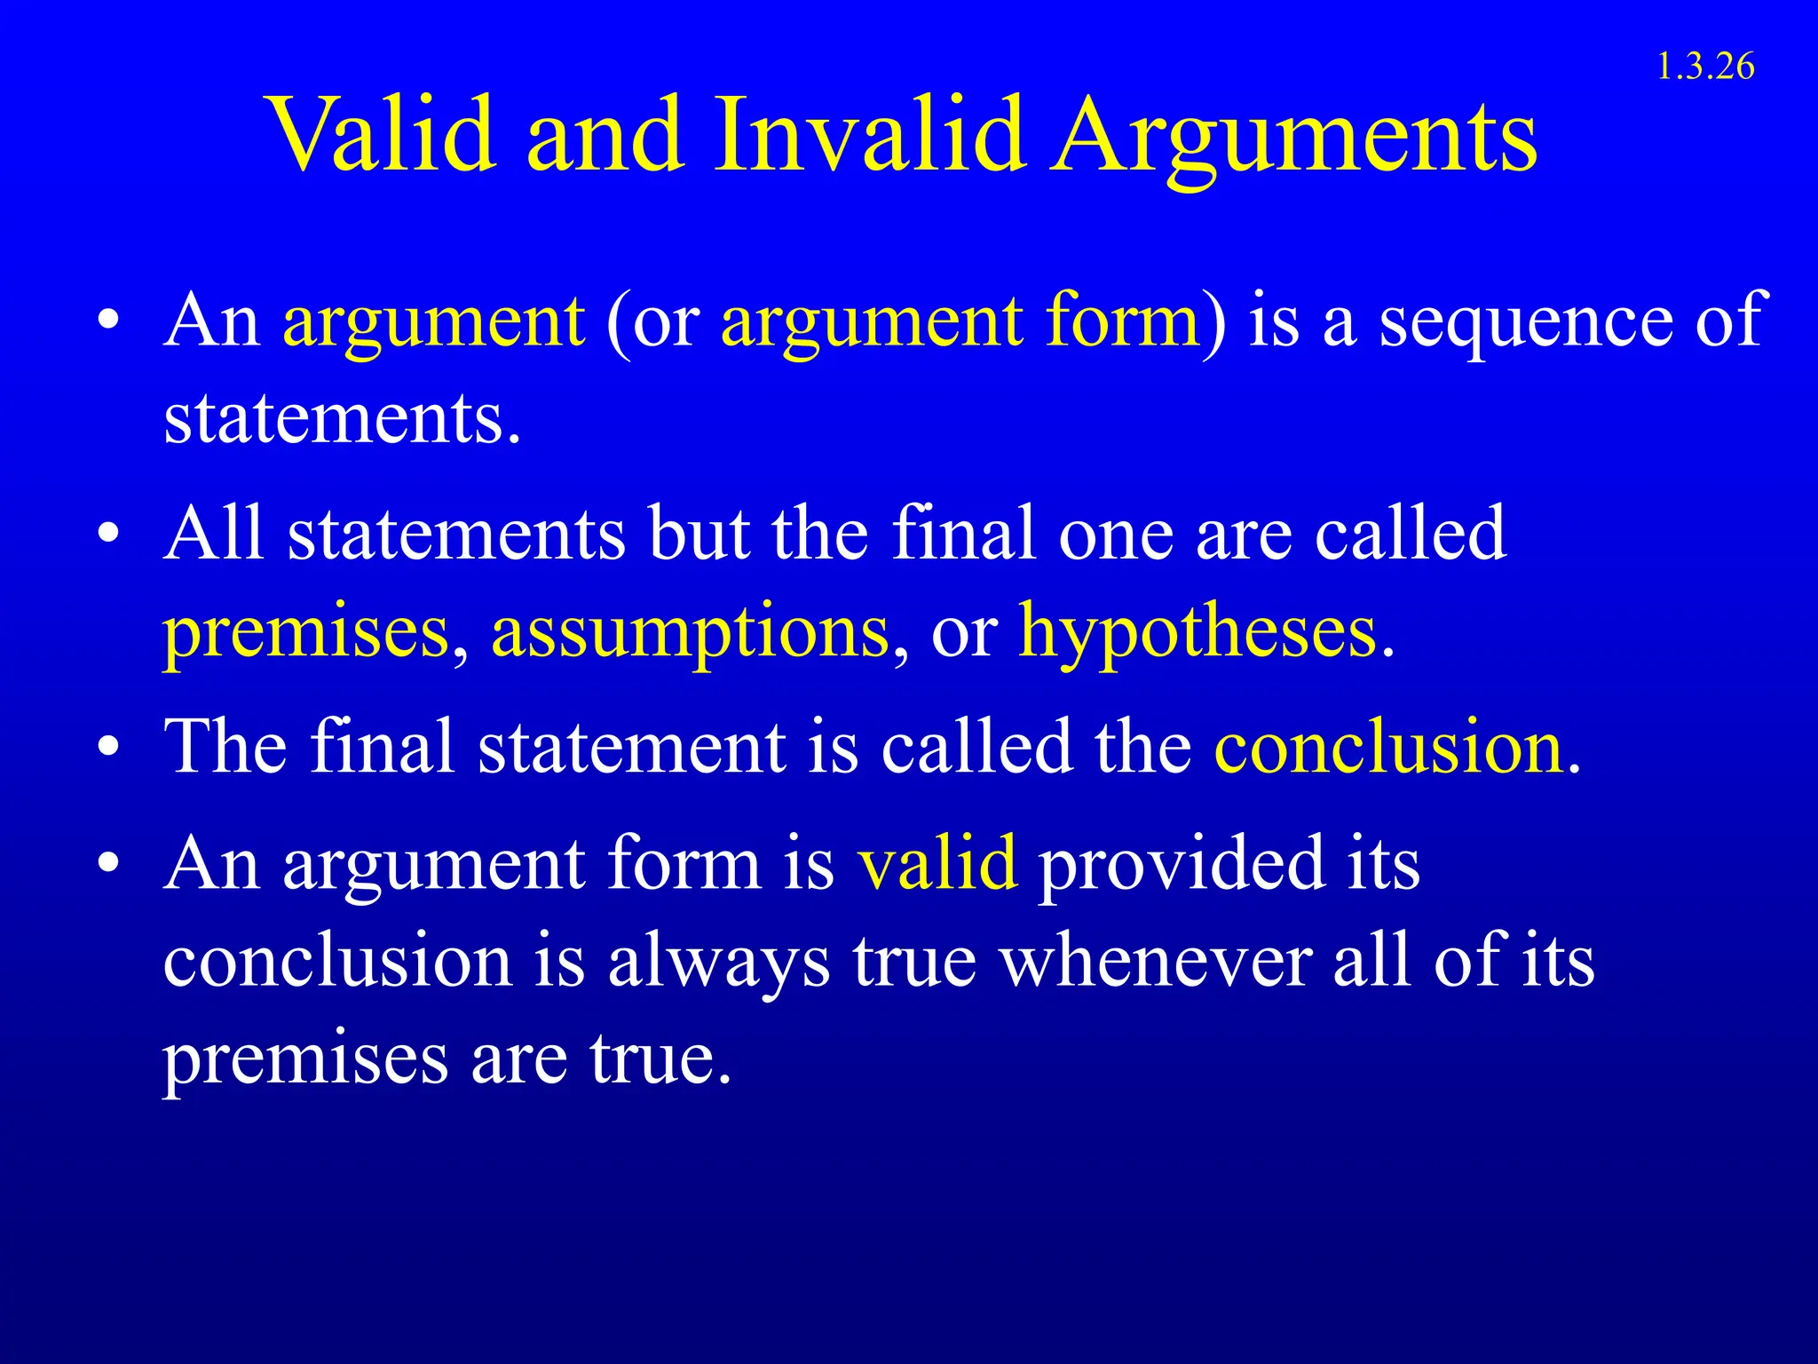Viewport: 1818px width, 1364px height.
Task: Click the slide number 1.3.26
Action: point(1705,67)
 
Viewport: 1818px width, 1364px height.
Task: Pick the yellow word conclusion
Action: point(1388,747)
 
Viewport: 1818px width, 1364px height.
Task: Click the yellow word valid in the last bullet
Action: point(937,862)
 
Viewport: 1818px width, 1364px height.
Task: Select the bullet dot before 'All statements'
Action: point(108,534)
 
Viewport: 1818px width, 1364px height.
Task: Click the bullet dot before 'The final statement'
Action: point(108,747)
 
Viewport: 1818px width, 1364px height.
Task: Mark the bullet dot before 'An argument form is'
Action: point(108,862)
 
